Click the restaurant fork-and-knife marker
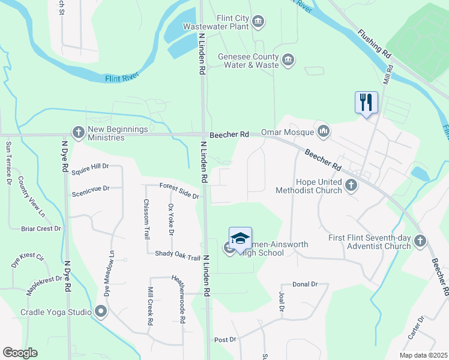[x=366, y=102]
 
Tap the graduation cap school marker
[x=240, y=238]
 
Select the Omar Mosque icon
[x=324, y=131]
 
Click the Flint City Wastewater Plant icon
[x=259, y=22]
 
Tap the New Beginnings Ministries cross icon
[x=77, y=133]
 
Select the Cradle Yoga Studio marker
[x=100, y=311]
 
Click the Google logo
[x=20, y=353]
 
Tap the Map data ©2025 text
[x=423, y=355]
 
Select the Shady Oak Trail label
[x=177, y=256]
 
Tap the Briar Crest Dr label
[x=41, y=229]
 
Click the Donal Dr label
[x=305, y=284]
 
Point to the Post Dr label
[x=225, y=340]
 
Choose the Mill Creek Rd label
[x=150, y=307]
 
